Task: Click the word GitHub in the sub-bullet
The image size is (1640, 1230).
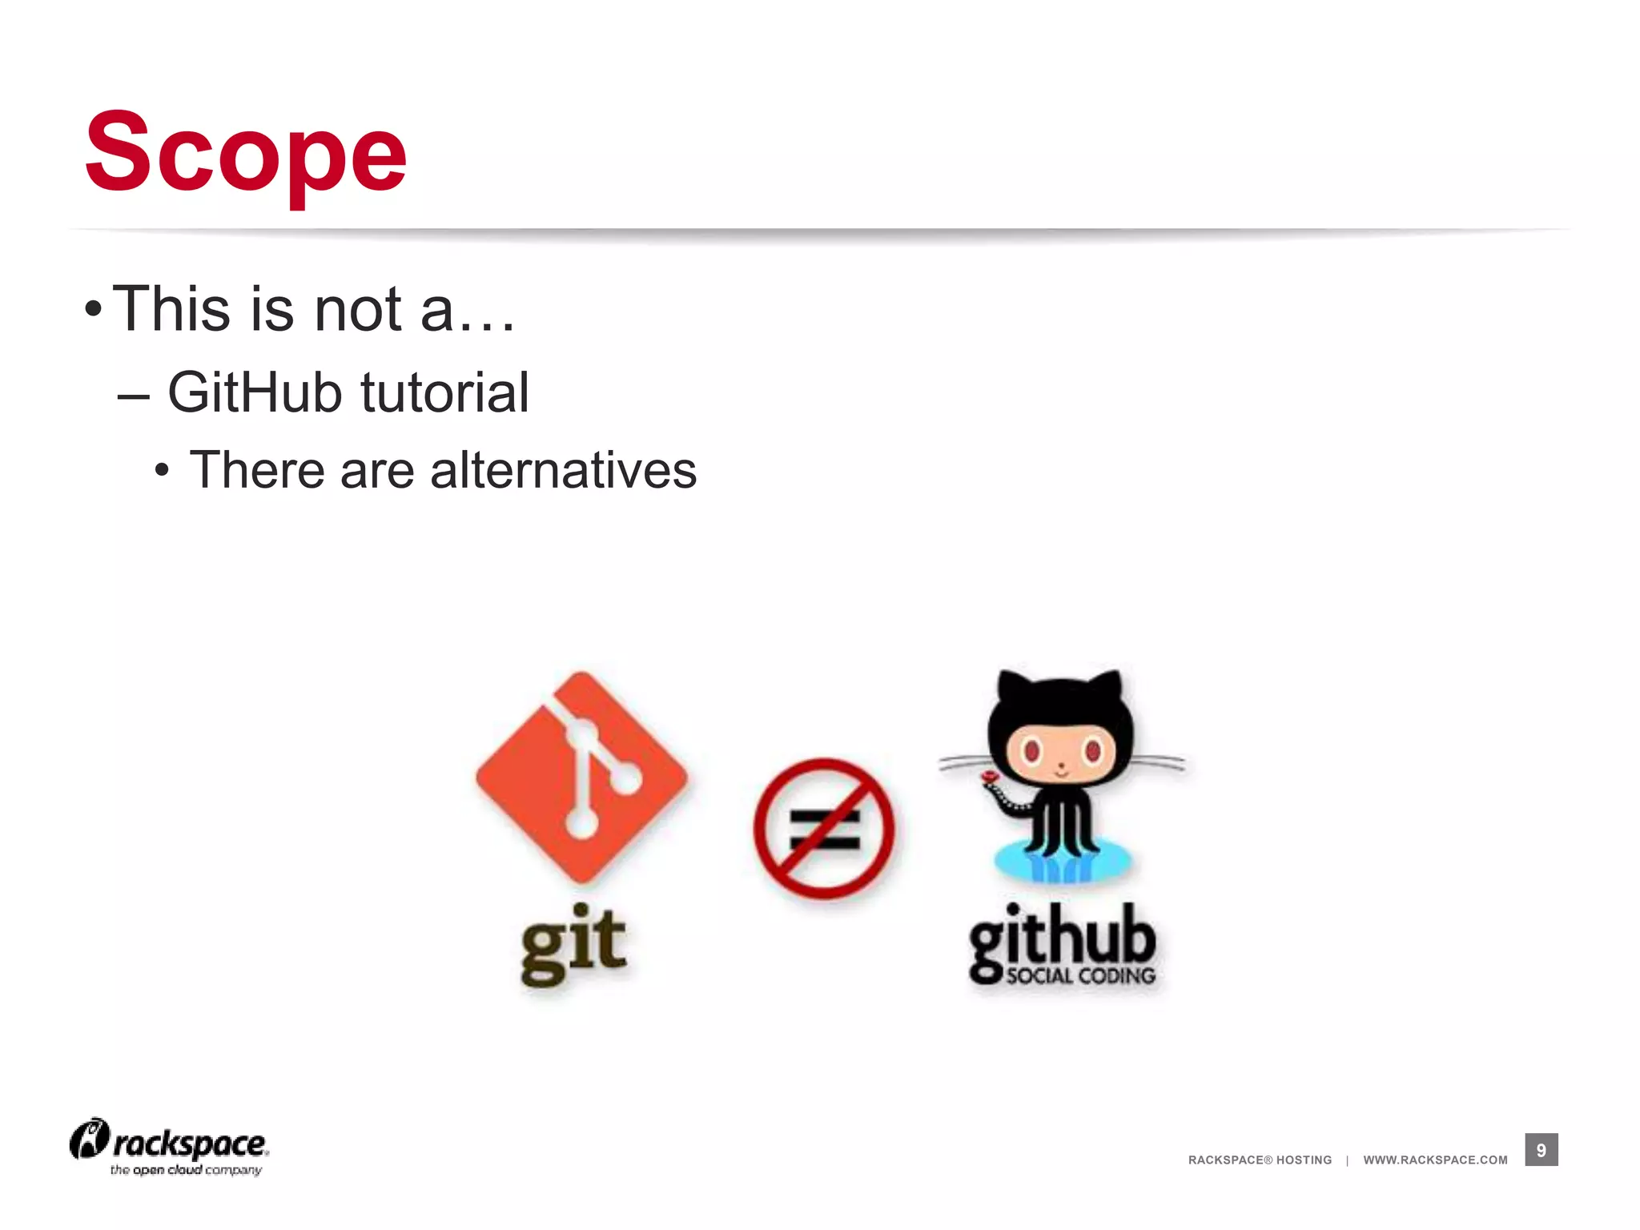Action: pos(254,392)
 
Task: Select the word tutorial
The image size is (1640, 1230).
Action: pos(444,392)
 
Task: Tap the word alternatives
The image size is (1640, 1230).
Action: pos(563,470)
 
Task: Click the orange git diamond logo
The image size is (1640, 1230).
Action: pos(581,777)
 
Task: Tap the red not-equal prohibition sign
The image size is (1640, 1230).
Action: pos(823,829)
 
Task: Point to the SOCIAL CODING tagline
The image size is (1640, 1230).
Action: pos(1080,975)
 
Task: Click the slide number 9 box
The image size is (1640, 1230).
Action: pos(1541,1150)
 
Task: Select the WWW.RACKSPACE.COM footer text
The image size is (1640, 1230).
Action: pos(1435,1160)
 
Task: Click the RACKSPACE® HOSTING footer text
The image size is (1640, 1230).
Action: pos(1260,1160)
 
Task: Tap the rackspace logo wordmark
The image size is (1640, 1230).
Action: pos(190,1144)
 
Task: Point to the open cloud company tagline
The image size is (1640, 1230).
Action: pos(186,1170)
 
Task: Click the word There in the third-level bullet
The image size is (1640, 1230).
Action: pos(257,470)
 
